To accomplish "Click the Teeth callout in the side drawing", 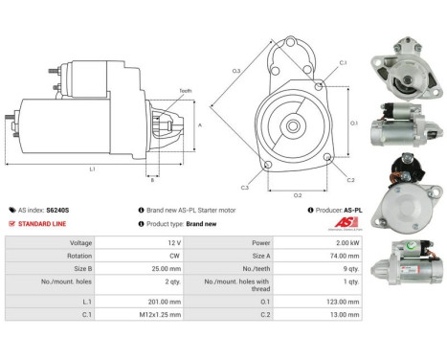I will coord(185,91).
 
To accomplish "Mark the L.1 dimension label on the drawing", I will coord(92,169).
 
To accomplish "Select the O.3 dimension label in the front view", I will coord(235,72).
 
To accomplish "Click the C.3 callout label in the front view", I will coord(245,188).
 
